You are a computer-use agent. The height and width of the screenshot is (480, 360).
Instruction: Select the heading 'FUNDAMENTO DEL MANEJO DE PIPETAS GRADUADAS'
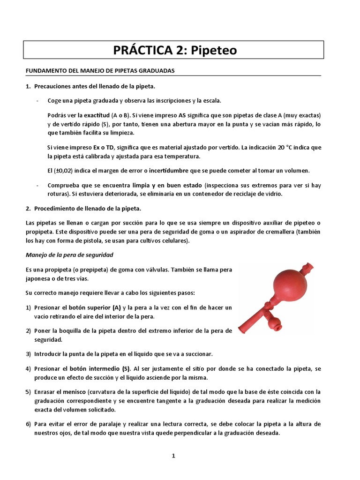[99, 70]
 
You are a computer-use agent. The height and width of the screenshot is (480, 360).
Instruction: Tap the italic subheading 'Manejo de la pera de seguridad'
[69, 255]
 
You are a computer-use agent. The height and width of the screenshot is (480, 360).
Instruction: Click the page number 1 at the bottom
[173, 455]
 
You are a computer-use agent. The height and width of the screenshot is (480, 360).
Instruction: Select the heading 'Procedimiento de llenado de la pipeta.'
[87, 208]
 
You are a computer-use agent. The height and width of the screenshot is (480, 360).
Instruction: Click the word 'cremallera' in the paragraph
[285, 232]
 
